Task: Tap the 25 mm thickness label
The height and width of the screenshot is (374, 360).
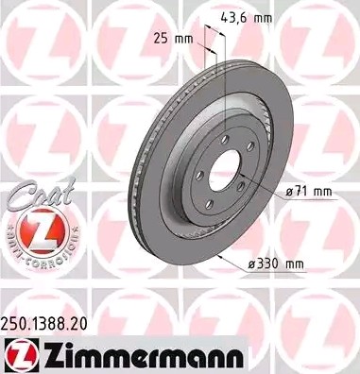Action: pyautogui.click(x=174, y=39)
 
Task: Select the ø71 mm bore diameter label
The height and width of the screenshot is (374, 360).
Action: pyautogui.click(x=309, y=191)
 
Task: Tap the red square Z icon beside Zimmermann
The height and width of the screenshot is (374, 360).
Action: pyautogui.click(x=18, y=354)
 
